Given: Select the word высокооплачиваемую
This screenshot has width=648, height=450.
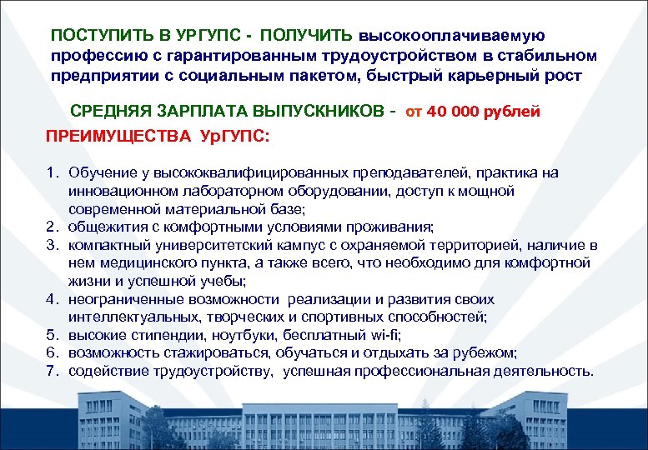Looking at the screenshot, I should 452,36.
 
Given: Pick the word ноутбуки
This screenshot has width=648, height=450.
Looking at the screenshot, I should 237,335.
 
